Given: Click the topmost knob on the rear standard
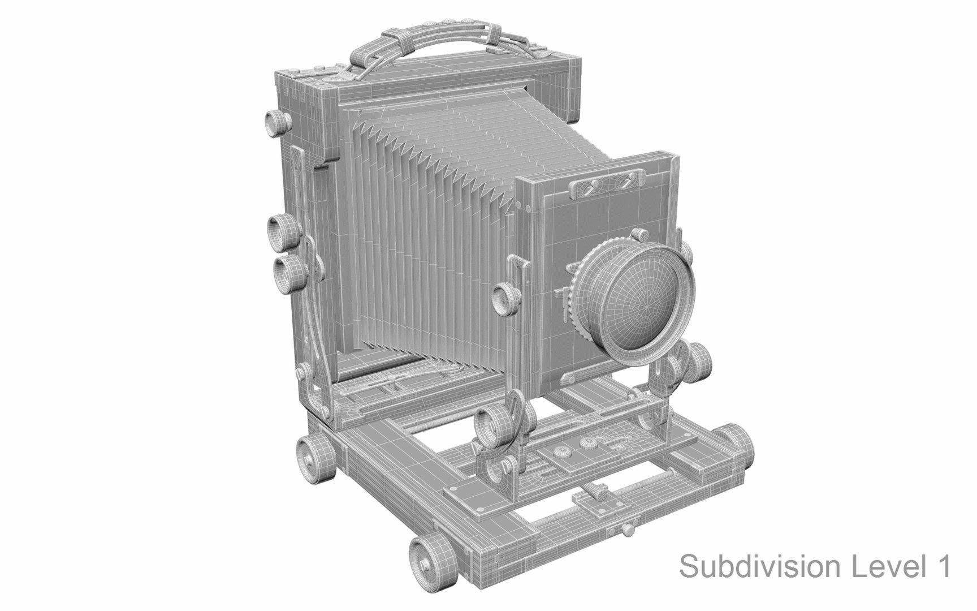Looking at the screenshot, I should pos(277,121).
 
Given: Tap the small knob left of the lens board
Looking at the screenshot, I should pos(505,298).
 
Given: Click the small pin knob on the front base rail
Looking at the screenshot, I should pos(628,529).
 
